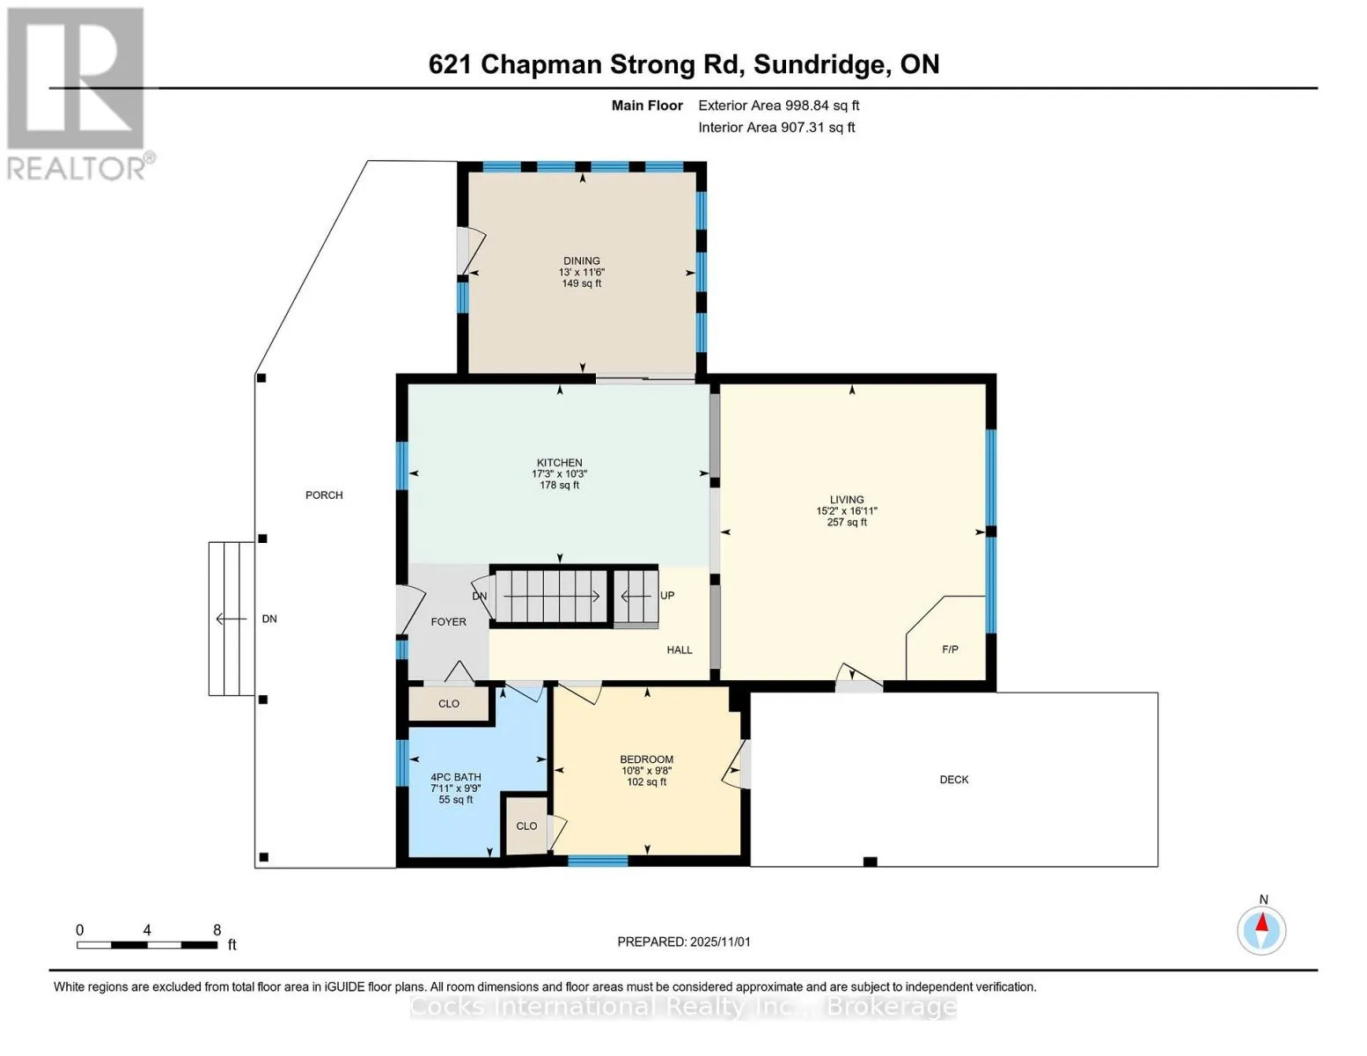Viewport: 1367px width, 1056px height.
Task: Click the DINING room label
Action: pyautogui.click(x=581, y=260)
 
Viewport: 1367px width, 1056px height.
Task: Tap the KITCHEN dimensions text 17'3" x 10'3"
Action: pyautogui.click(x=559, y=474)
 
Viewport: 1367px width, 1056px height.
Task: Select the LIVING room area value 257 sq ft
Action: pyautogui.click(x=846, y=523)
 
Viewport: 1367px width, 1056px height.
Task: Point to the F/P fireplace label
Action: pyautogui.click(x=950, y=649)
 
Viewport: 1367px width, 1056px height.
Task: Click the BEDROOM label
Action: pyautogui.click(x=646, y=759)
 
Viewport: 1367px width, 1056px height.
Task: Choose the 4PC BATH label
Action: pyautogui.click(x=455, y=777)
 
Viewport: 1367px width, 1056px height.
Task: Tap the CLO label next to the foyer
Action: pyautogui.click(x=449, y=704)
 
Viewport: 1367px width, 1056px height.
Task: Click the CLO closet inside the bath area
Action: pyautogui.click(x=526, y=826)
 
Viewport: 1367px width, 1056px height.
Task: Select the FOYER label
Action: pyautogui.click(x=448, y=622)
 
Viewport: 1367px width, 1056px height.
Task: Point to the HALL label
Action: pyautogui.click(x=679, y=650)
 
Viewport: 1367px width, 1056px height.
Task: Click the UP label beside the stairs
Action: pyautogui.click(x=667, y=596)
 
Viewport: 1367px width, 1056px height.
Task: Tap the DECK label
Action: pyautogui.click(x=953, y=780)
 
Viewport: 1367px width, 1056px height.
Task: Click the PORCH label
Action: pyautogui.click(x=324, y=495)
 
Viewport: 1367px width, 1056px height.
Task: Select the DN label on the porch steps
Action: pyautogui.click(x=269, y=620)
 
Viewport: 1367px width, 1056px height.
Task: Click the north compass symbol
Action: pyautogui.click(x=1261, y=929)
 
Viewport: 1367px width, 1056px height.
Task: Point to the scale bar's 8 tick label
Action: pyautogui.click(x=217, y=930)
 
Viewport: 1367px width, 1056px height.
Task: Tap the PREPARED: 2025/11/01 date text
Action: pyautogui.click(x=683, y=942)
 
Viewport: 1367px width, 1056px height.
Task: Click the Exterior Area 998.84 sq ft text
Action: pyautogui.click(x=778, y=106)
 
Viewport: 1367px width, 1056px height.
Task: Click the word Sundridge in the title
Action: pyautogui.click(x=819, y=64)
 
